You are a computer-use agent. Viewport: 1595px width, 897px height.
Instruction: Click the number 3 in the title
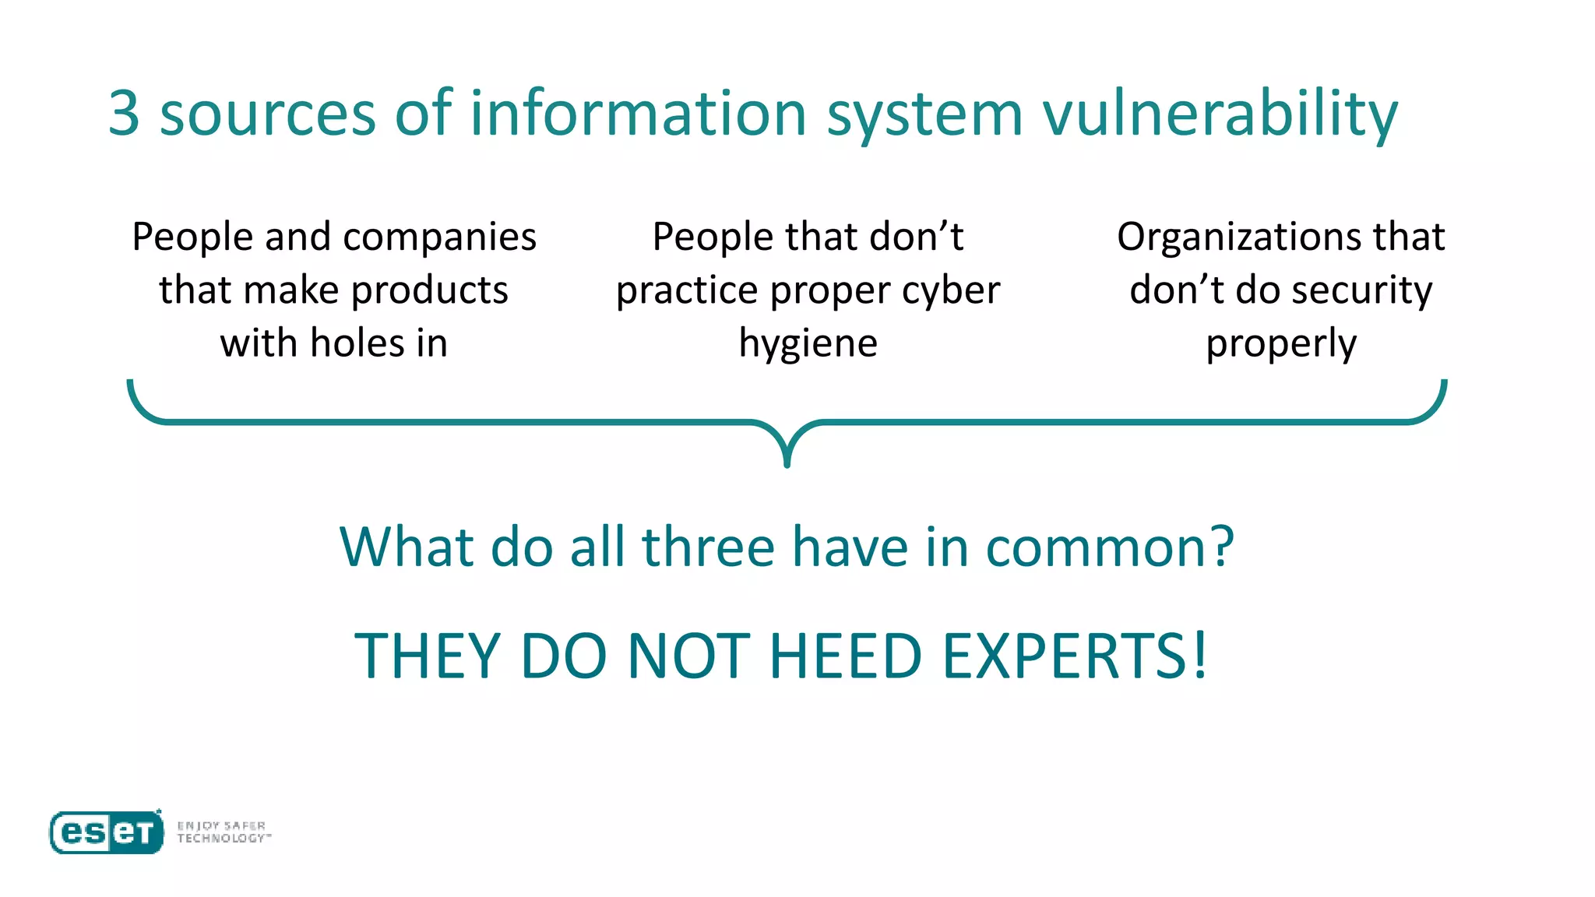(x=125, y=114)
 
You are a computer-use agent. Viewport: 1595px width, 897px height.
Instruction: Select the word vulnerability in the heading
(x=1220, y=114)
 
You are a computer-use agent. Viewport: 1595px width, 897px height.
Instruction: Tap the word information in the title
(x=638, y=114)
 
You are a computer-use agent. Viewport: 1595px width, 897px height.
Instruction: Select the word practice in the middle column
(x=686, y=291)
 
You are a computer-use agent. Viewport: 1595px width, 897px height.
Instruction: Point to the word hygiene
(x=808, y=344)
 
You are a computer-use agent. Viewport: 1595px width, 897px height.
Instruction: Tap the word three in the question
(x=708, y=547)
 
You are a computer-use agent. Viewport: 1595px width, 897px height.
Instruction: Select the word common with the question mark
(x=1110, y=547)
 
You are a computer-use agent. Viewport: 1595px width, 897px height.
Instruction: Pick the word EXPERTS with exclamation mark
(x=1075, y=656)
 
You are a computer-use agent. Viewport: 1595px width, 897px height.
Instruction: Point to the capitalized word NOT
(x=688, y=656)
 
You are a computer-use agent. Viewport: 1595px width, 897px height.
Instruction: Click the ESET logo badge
(x=107, y=832)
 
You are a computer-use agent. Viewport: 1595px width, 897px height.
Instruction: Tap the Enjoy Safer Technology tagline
(x=224, y=832)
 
